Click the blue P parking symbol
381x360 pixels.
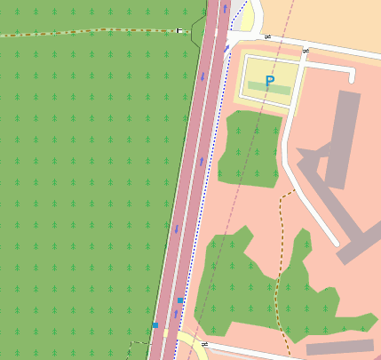[270, 81]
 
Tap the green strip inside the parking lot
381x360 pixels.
[269, 89]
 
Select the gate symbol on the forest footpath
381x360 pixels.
[180, 30]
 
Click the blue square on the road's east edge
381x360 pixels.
[180, 301]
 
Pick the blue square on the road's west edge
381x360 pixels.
[155, 325]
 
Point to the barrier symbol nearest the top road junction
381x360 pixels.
[267, 37]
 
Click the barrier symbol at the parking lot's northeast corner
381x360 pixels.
[306, 51]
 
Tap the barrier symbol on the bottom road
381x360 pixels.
[204, 343]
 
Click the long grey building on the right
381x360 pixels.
[343, 142]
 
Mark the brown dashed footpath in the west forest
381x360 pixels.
[89, 31]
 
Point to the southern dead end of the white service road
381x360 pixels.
[335, 242]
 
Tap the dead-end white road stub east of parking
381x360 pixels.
[353, 75]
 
